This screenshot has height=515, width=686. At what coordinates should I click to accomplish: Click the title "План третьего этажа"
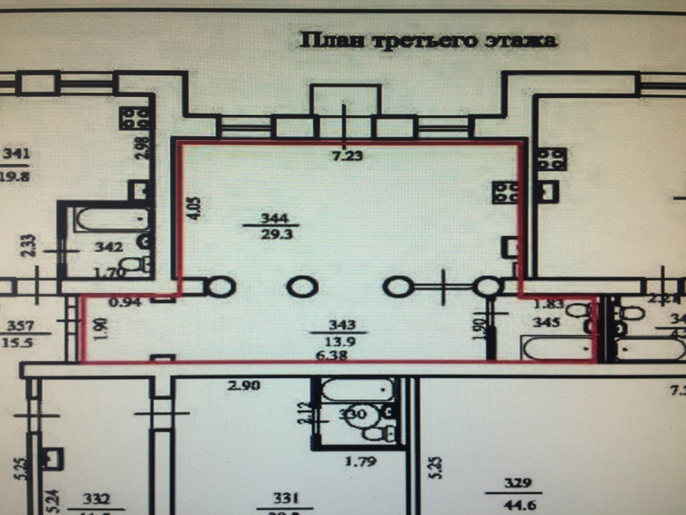pyautogui.click(x=428, y=41)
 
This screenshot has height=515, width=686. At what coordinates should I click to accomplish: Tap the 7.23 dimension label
pyautogui.click(x=347, y=156)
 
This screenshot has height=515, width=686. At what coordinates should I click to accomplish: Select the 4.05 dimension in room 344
pyautogui.click(x=196, y=207)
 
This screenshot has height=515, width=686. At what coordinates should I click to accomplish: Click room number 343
pyautogui.click(x=342, y=324)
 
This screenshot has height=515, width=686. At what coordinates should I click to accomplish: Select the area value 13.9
pyautogui.click(x=340, y=342)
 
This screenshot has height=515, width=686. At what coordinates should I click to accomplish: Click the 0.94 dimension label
pyautogui.click(x=125, y=303)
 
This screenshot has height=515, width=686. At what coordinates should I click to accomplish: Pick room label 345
pyautogui.click(x=546, y=323)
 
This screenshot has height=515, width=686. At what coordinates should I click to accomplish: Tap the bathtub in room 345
pyautogui.click(x=556, y=348)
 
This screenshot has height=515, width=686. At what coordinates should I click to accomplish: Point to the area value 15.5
pyautogui.click(x=18, y=343)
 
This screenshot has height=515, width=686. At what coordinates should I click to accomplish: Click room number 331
pyautogui.click(x=285, y=498)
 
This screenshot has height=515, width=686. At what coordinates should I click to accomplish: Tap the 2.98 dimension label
pyautogui.click(x=142, y=148)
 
